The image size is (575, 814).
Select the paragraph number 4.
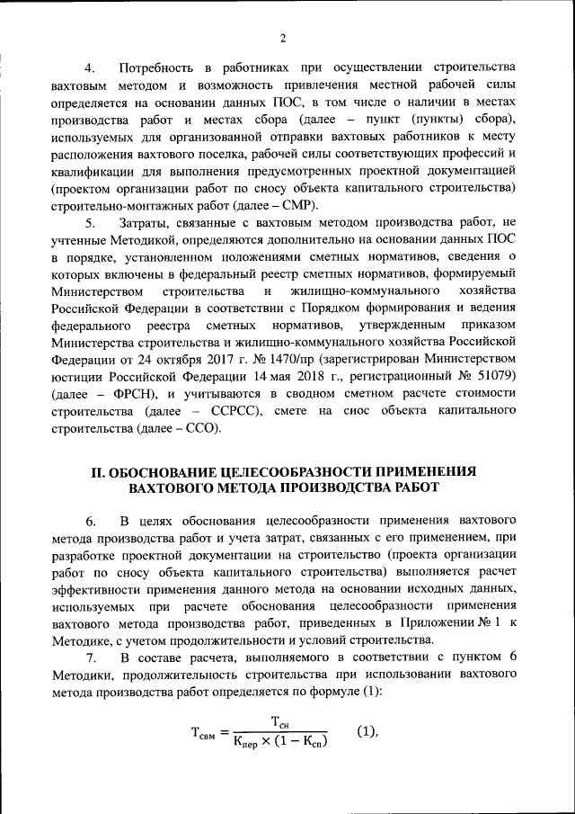point(89,68)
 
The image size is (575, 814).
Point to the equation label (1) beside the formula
point(365,730)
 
